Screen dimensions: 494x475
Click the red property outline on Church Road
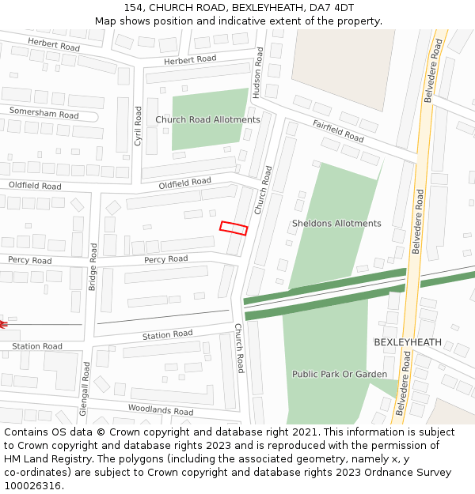234,228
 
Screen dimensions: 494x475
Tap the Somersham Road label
44,114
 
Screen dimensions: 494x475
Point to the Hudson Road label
257,72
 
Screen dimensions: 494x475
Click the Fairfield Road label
338,131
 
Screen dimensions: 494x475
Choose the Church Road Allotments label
207,120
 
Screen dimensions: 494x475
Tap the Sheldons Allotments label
336,224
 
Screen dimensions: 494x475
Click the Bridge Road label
93,267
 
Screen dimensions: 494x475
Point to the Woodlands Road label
161,409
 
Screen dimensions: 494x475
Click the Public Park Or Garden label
340,374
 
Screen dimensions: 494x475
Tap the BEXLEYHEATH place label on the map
408,342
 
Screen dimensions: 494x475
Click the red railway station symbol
2,323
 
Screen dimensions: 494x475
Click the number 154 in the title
134,8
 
